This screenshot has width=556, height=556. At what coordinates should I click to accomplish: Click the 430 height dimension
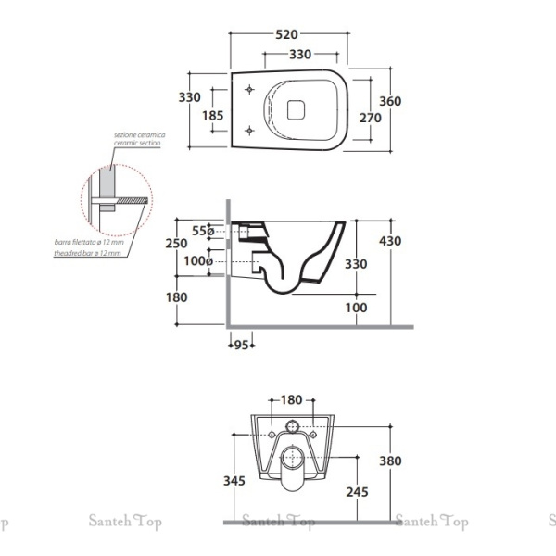click(391, 241)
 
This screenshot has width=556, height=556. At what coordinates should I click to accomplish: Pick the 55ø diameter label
click(202, 231)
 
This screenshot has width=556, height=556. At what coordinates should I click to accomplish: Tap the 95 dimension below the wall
click(241, 346)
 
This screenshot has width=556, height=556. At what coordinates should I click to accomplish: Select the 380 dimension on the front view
click(391, 460)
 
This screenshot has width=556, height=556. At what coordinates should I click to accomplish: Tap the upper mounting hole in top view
click(250, 90)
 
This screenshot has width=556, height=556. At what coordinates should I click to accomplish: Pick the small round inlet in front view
click(292, 427)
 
